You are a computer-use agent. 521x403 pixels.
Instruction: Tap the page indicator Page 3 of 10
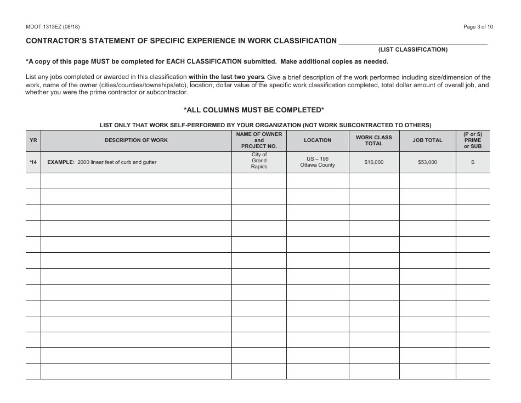(478, 26)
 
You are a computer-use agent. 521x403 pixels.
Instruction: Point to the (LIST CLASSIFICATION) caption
(412, 49)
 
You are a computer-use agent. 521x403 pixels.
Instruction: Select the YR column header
(33, 140)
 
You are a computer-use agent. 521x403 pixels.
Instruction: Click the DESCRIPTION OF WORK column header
(136, 140)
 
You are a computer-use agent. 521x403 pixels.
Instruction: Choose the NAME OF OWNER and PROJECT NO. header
(259, 140)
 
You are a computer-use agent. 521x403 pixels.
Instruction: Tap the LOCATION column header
(318, 140)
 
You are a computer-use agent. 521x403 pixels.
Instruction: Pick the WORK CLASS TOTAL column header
(373, 140)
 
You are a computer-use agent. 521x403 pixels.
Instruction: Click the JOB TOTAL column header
(427, 140)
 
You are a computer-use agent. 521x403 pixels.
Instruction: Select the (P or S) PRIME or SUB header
(472, 140)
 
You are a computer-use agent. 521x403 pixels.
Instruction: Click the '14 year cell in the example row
(33, 162)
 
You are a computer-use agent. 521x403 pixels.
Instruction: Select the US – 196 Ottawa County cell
(318, 162)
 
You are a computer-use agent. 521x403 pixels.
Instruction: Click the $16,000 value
(373, 162)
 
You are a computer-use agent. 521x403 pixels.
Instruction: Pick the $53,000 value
(427, 162)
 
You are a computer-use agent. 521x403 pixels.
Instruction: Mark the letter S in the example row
(472, 162)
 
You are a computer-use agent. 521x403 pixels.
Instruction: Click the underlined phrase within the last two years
(226, 77)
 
